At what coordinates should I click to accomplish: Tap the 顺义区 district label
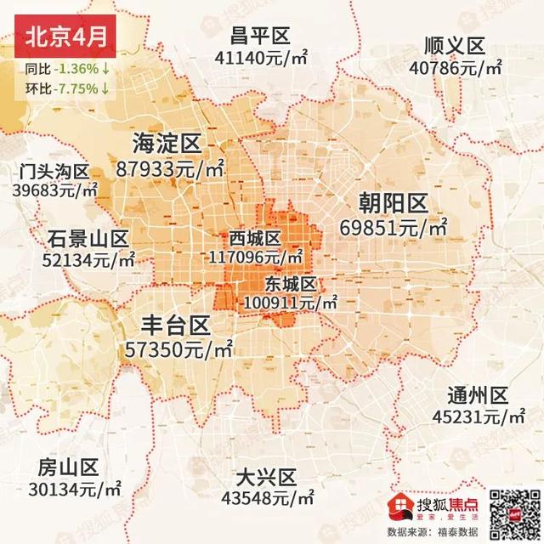(456, 45)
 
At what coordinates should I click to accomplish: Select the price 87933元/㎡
(172, 167)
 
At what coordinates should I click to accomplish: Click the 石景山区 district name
(87, 238)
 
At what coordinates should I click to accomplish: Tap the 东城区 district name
(292, 283)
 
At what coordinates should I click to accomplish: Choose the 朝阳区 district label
(394, 202)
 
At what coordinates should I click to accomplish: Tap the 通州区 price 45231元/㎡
(479, 417)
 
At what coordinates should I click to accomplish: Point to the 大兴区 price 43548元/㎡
(267, 496)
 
